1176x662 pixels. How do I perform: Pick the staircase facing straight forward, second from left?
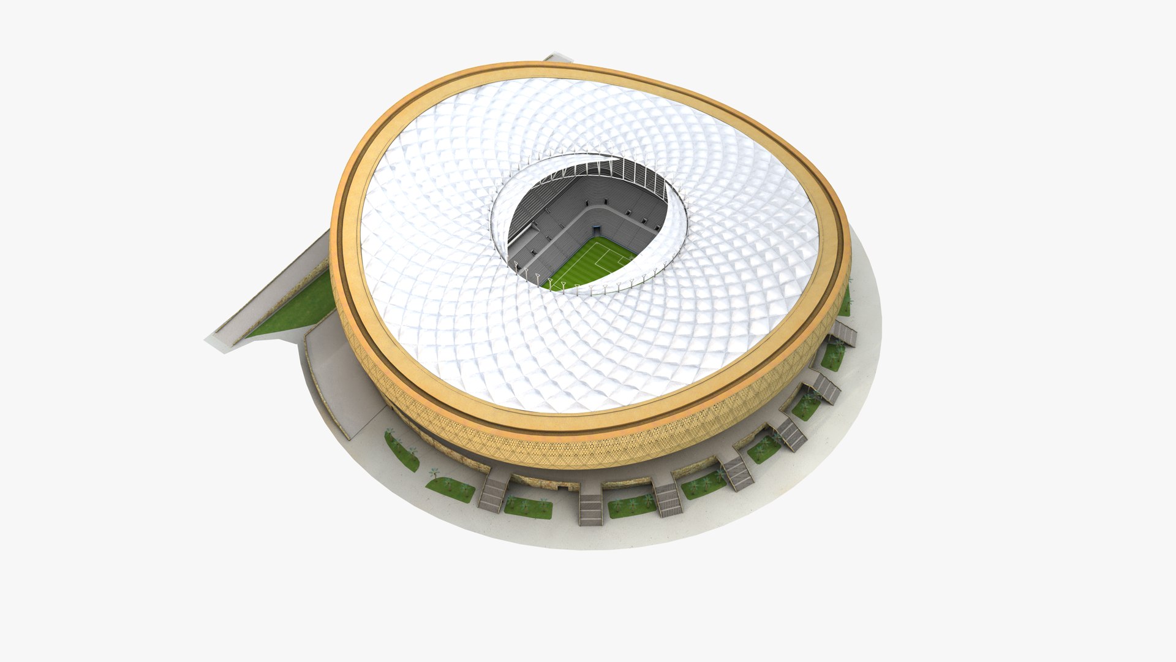coord(590,509)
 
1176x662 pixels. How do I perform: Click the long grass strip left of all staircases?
coord(401,451)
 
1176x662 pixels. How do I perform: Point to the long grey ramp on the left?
coord(263,294)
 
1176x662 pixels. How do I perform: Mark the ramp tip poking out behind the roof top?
coord(557,59)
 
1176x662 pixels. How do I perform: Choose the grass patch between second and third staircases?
coord(631,506)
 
